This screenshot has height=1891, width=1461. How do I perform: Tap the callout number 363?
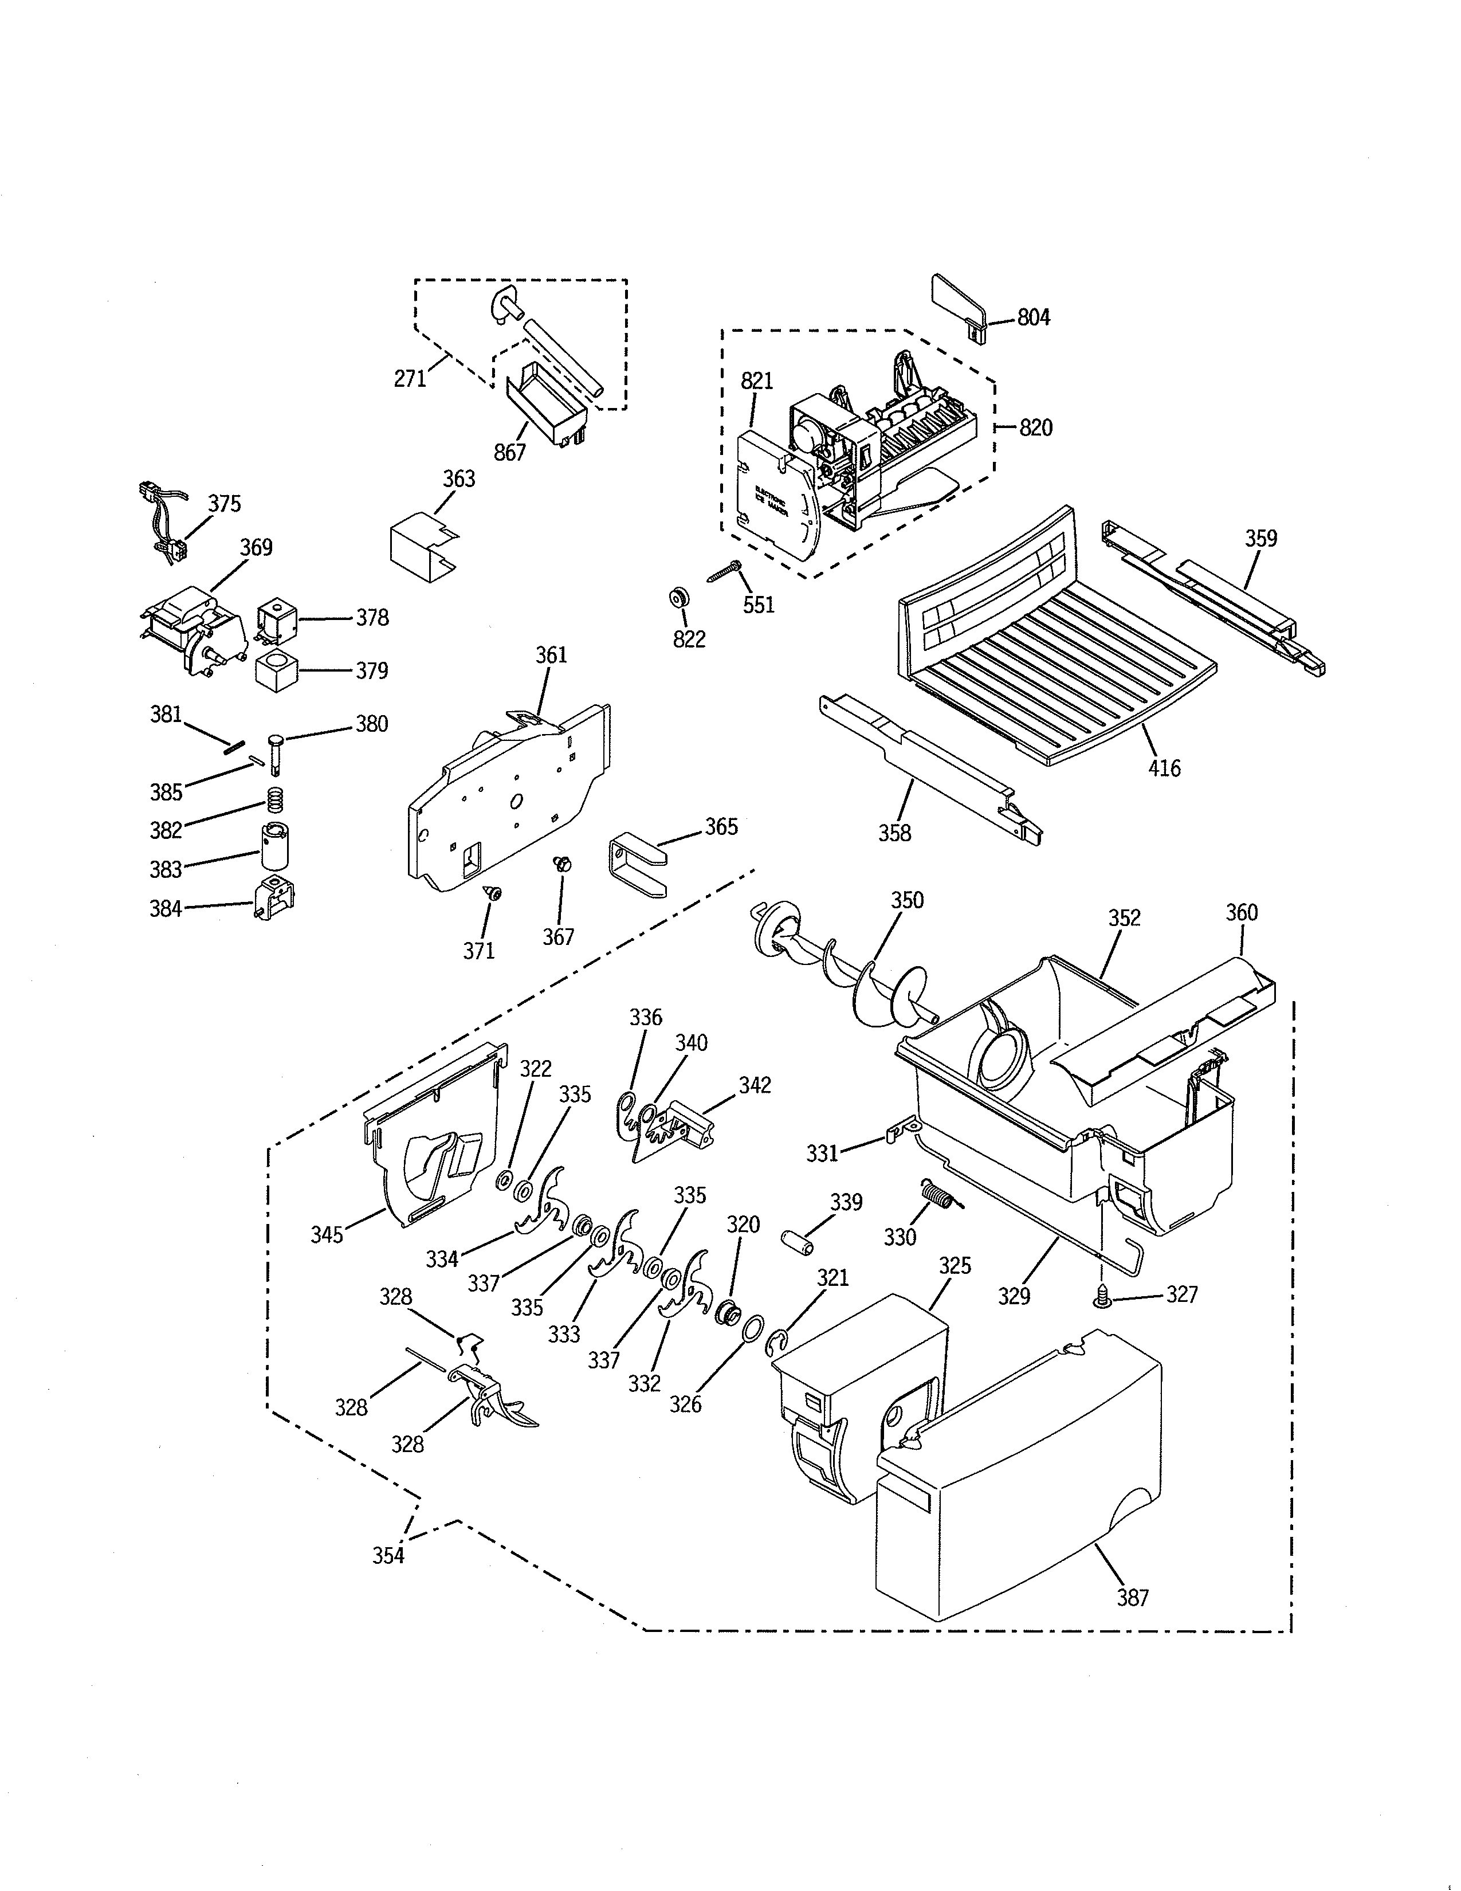459,479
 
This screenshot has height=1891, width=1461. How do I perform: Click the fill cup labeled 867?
544,403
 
